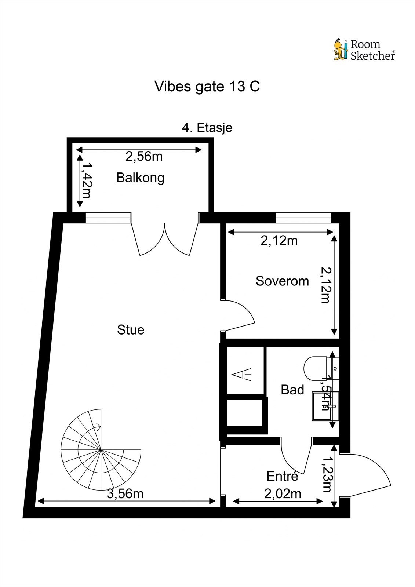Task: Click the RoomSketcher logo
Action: [x=364, y=50]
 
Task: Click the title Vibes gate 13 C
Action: [x=207, y=87]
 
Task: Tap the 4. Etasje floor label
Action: [x=207, y=128]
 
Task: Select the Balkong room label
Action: [x=140, y=178]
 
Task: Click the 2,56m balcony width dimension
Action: [x=144, y=156]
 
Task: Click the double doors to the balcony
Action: [x=165, y=238]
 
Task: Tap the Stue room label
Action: [x=131, y=330]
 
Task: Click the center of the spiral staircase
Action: [x=101, y=449]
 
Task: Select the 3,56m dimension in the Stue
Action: [x=125, y=494]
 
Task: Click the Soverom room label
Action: [x=282, y=281]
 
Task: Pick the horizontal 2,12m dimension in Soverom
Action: [x=279, y=241]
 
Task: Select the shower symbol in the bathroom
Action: [x=242, y=375]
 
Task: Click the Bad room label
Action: [x=292, y=390]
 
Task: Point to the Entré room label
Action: [x=282, y=476]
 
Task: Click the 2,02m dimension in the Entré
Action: [x=283, y=494]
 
